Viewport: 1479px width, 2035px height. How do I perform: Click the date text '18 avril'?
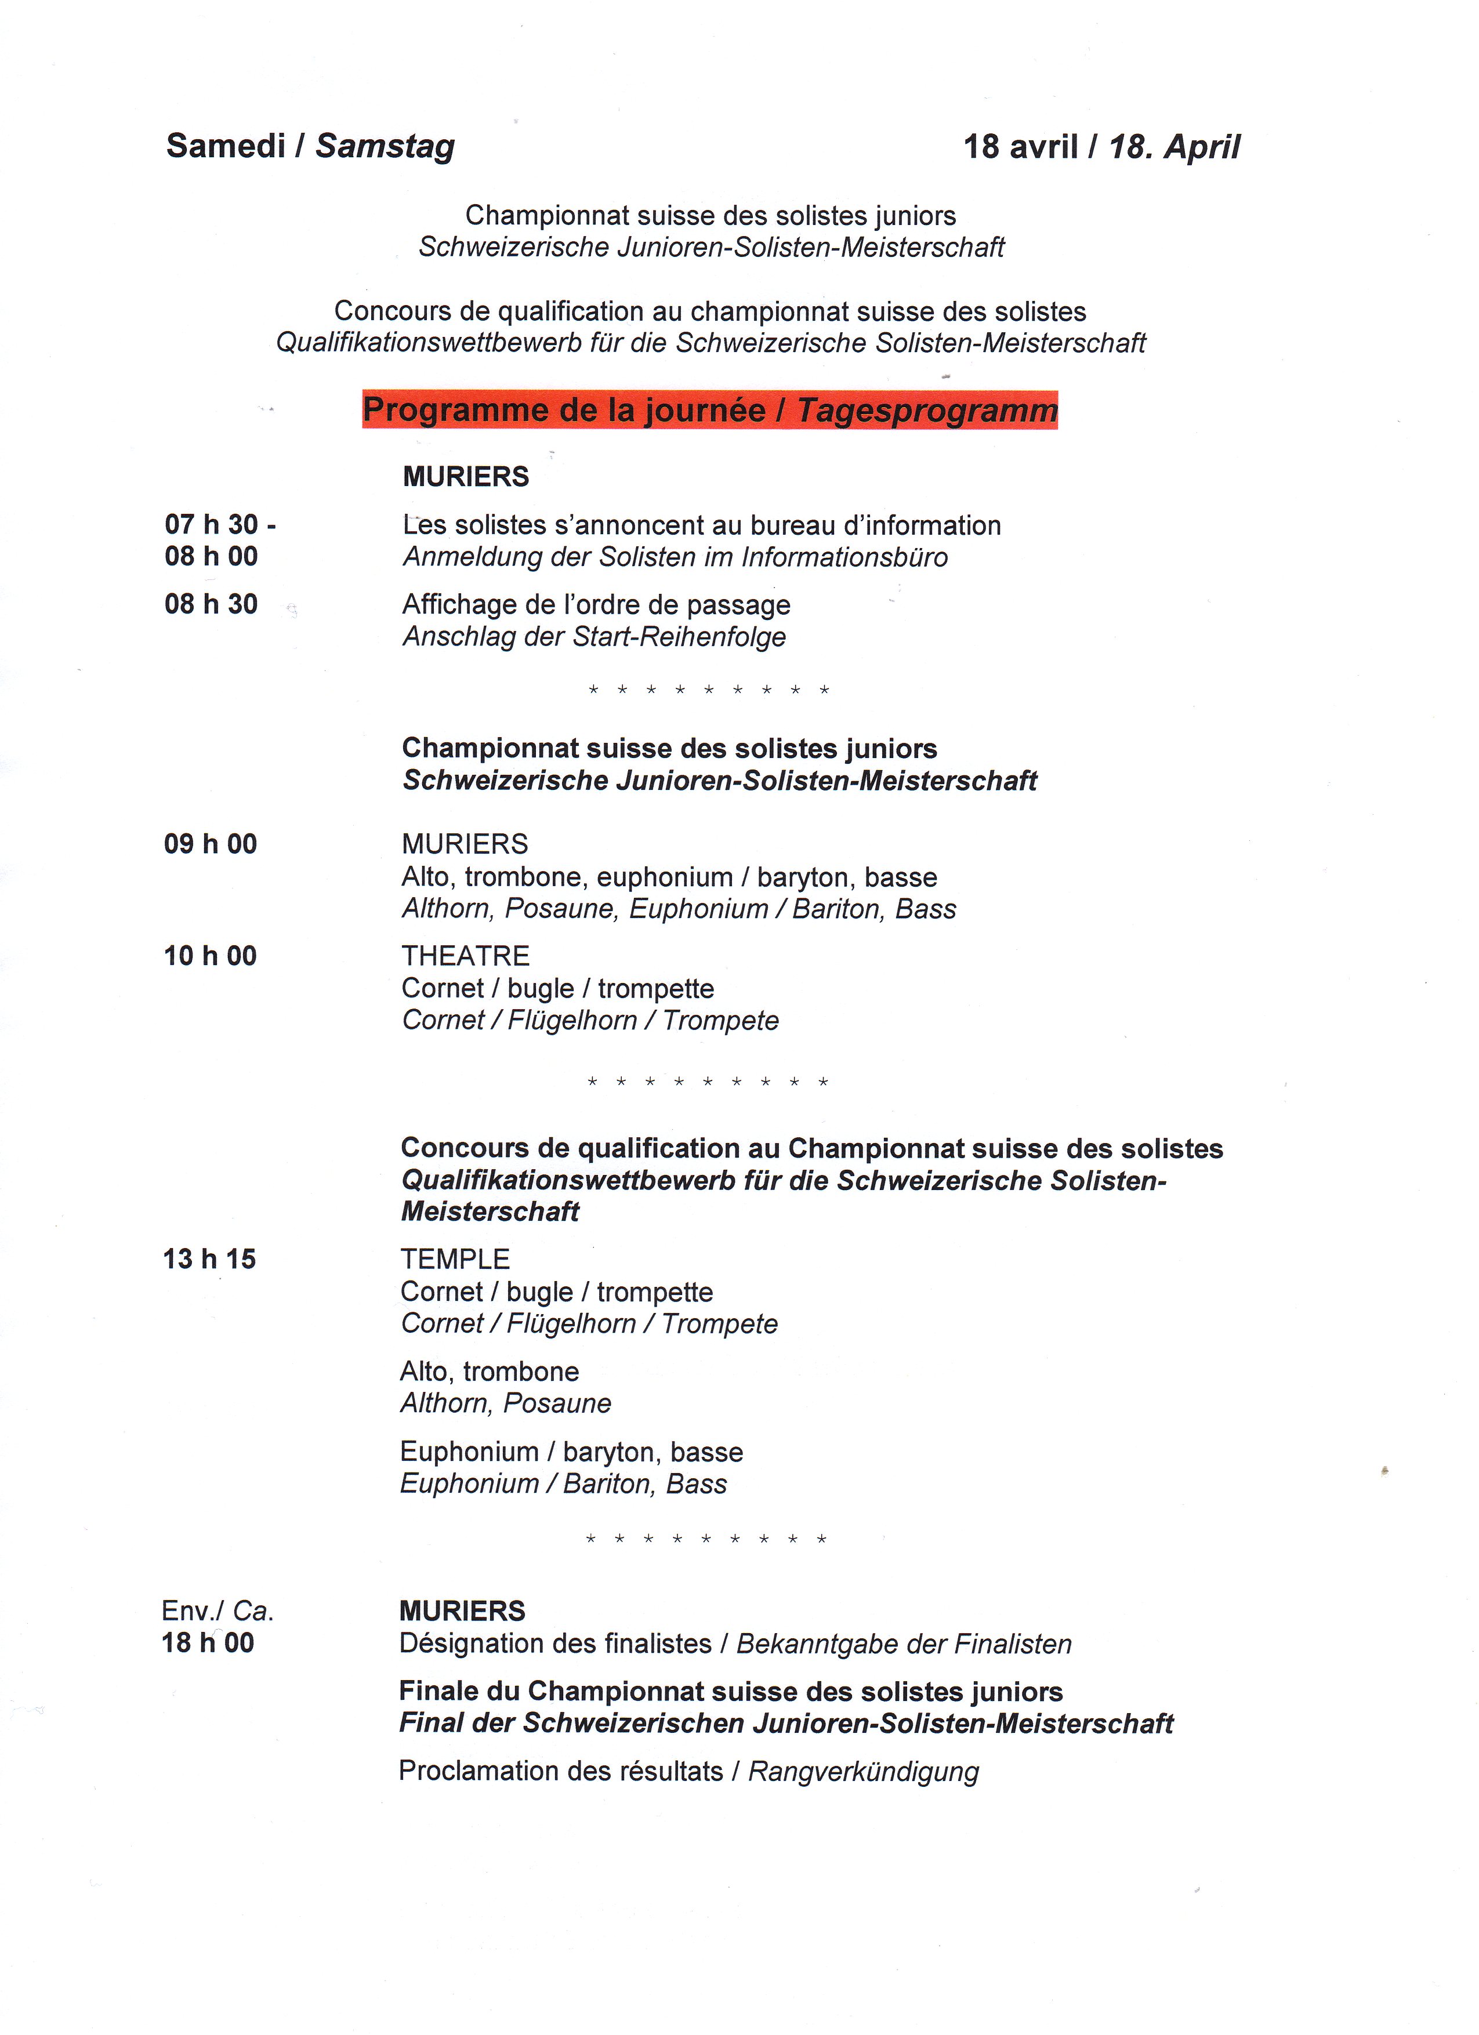click(x=1020, y=146)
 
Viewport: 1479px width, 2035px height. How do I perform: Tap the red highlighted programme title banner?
click(x=710, y=410)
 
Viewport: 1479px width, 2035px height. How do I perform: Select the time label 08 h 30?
click(x=211, y=604)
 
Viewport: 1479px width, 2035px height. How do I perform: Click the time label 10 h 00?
click(x=210, y=956)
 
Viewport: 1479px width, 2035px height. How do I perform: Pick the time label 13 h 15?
click(x=209, y=1259)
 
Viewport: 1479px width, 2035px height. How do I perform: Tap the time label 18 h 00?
click(x=207, y=1642)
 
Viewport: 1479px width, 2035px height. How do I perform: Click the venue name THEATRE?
click(x=465, y=956)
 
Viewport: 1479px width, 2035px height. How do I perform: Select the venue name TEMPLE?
click(x=455, y=1259)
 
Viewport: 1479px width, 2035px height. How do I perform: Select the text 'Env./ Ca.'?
click(x=217, y=1610)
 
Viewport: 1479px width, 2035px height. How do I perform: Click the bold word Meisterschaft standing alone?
click(x=490, y=1211)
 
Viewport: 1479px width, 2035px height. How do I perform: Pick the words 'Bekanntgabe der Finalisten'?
click(x=904, y=1644)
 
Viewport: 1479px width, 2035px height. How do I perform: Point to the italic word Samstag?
click(x=385, y=146)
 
